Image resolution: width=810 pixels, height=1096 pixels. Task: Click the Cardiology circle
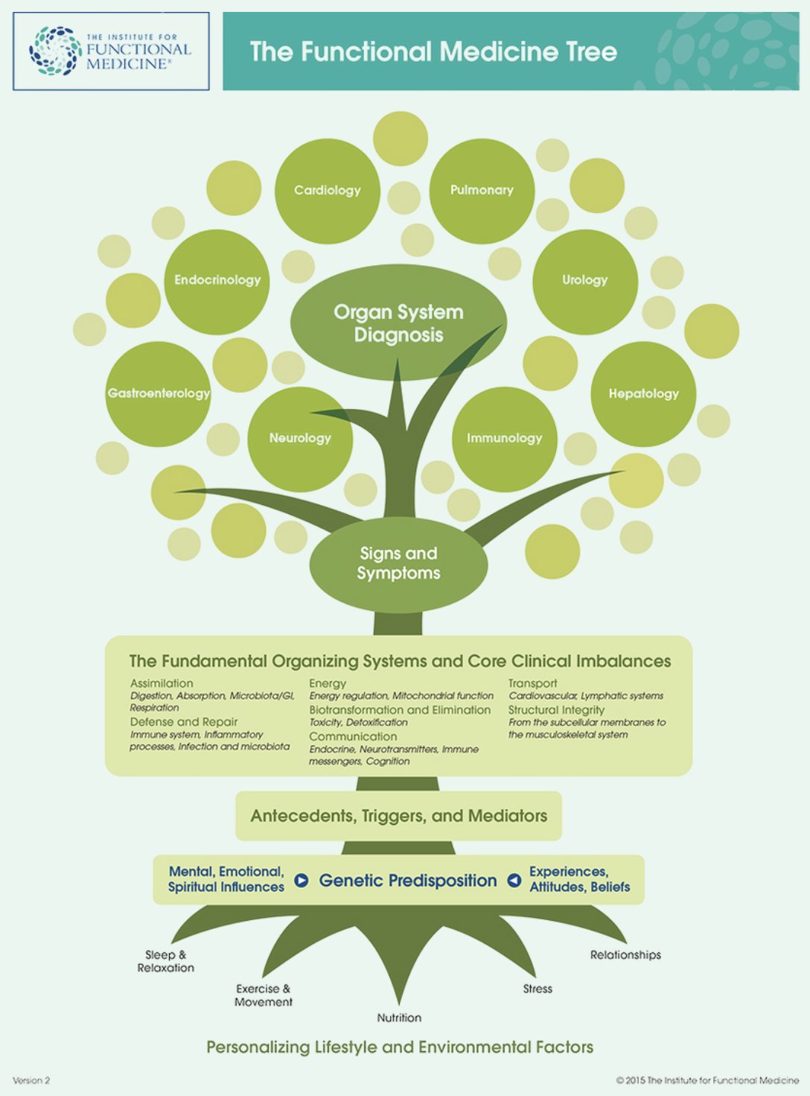[x=327, y=191]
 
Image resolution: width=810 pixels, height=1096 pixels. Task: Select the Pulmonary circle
[x=482, y=191]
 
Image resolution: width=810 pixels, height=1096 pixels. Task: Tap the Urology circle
[x=585, y=281]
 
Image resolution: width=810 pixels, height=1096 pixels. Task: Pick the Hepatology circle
[x=643, y=394]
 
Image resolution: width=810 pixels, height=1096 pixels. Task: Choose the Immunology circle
[x=504, y=439]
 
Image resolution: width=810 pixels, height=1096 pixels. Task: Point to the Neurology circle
[x=300, y=439]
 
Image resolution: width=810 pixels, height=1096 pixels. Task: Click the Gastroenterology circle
[x=158, y=393]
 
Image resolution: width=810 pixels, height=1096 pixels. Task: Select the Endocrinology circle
[x=217, y=281]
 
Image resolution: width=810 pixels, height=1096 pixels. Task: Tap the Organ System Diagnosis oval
[x=398, y=323]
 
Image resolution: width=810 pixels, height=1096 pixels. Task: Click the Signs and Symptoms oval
[x=398, y=563]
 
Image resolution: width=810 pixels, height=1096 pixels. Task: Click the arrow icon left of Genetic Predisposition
[x=301, y=881]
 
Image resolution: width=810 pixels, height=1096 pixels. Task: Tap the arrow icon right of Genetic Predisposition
[x=514, y=881]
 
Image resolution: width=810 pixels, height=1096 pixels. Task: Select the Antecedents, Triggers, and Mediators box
[x=398, y=816]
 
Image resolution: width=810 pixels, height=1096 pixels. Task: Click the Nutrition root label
[x=399, y=1018]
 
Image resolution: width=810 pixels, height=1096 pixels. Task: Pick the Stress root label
[x=538, y=989]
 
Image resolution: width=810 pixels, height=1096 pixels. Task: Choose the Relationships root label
[x=625, y=954]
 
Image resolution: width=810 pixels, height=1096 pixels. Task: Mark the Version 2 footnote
[x=31, y=1080]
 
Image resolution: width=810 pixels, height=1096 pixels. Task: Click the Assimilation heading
[x=162, y=683]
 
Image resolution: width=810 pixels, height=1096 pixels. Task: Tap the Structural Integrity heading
[x=556, y=710]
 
